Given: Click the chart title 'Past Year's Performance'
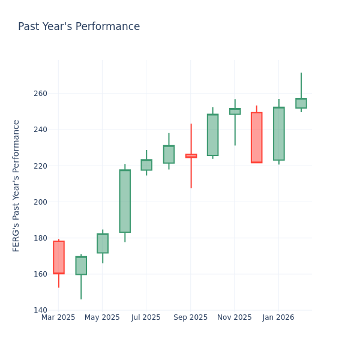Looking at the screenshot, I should tap(79, 27).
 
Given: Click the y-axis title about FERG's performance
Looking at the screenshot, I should tap(16, 185).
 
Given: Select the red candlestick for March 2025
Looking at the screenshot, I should tap(59, 257).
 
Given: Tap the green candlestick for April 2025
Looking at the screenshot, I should tap(81, 265).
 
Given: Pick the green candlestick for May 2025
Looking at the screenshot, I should tap(103, 243).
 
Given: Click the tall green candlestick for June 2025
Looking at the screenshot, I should tap(125, 201).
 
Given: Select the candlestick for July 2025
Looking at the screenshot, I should tap(146, 165).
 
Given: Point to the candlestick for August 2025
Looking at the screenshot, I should tap(169, 154).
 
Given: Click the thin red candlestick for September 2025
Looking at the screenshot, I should tap(191, 156).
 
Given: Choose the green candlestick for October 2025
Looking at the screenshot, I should tap(212, 135).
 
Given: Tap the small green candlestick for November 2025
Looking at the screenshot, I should tap(235, 112).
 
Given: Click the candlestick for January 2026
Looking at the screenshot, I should tap(278, 134).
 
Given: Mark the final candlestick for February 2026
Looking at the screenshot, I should tap(301, 103).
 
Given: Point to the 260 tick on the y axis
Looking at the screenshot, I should tap(41, 94).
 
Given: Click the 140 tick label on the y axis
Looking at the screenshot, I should tap(41, 310).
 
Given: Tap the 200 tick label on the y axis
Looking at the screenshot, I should tap(41, 202).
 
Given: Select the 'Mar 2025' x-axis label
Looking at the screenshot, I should tap(58, 317).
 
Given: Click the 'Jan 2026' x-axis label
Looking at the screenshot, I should tap(278, 317).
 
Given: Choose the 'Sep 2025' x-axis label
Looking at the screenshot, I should tap(190, 317).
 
